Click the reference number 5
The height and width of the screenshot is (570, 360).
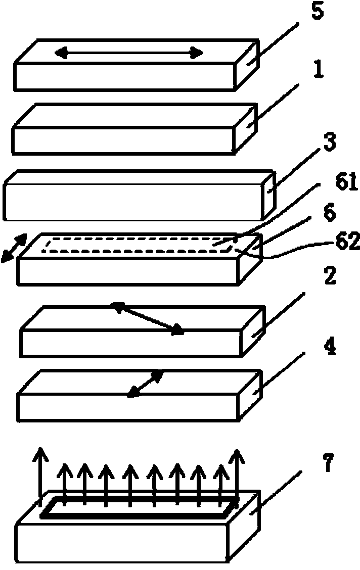pos(317,11)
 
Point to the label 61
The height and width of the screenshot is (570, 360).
pos(346,183)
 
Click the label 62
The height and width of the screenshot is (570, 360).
pos(347,242)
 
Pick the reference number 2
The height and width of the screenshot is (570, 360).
pos(330,276)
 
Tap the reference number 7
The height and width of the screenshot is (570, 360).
pos(328,463)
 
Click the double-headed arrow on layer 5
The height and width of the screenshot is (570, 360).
pos(129,53)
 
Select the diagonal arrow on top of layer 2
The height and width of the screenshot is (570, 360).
pos(148,318)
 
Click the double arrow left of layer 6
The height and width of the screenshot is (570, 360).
pos(14,248)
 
